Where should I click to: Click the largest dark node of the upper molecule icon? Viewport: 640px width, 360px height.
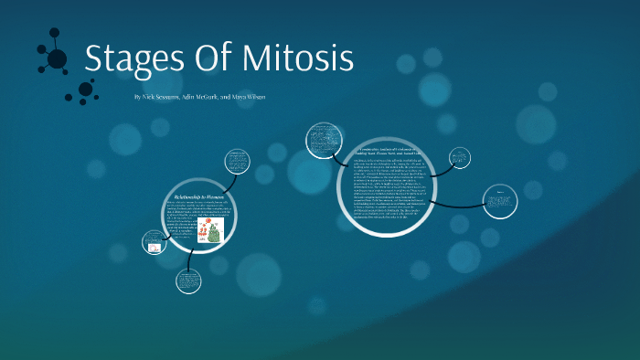tap(57, 59)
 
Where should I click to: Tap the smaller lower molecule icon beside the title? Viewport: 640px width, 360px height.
tap(85, 90)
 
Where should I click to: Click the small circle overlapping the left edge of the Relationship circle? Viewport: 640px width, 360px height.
tap(155, 242)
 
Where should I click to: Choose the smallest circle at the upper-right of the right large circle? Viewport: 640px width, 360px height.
tap(460, 157)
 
